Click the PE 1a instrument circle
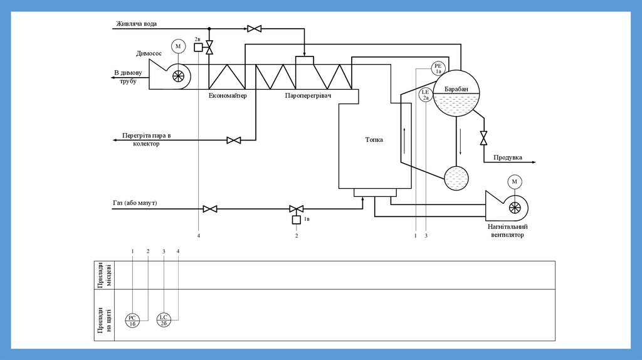438,68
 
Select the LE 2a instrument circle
426,95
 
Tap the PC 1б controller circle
132,320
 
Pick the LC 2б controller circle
163,320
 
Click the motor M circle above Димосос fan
177,46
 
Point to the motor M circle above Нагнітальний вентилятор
515,182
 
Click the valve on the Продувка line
483,138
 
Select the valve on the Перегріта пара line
234,140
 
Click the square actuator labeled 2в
198,48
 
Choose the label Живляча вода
136,24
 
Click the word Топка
374,140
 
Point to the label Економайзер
228,96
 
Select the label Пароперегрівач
307,96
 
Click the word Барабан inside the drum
456,90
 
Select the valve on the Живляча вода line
255,28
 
